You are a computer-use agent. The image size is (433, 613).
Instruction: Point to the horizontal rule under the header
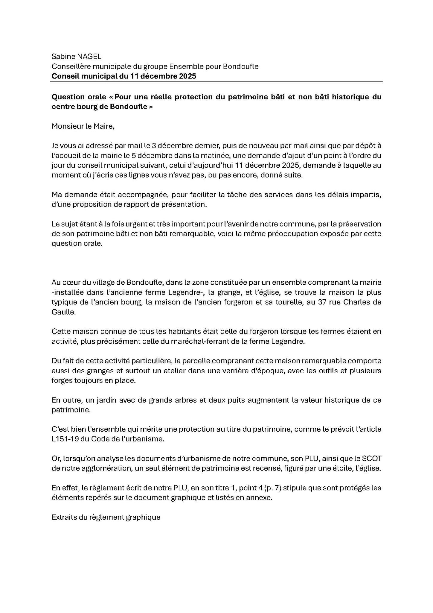pos(217,82)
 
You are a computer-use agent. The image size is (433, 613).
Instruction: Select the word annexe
pos(261,498)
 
